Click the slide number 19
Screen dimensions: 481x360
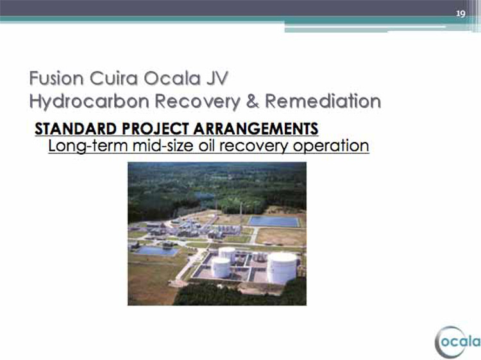[x=460, y=13]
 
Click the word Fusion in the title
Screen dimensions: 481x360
[x=56, y=78]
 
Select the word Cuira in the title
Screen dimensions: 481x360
[x=114, y=78]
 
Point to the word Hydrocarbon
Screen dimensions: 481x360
[x=89, y=101]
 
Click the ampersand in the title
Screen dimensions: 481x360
[x=253, y=101]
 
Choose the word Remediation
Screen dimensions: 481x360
[x=323, y=101]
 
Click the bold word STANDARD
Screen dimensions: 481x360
[x=76, y=128]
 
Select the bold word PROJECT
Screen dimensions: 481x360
[x=155, y=128]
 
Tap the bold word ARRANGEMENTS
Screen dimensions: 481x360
[x=256, y=128]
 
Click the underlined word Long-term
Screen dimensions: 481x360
[x=88, y=146]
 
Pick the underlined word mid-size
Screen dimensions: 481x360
[x=164, y=146]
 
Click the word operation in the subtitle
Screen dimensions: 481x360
[x=331, y=146]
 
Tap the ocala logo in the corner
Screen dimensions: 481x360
[x=458, y=342]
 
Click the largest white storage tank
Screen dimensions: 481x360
[x=282, y=268]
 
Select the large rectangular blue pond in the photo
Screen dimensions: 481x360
[x=274, y=221]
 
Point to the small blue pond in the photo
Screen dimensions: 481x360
[x=156, y=251]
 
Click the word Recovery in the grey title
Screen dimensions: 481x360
[x=198, y=101]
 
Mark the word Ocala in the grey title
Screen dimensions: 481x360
[x=172, y=78]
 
